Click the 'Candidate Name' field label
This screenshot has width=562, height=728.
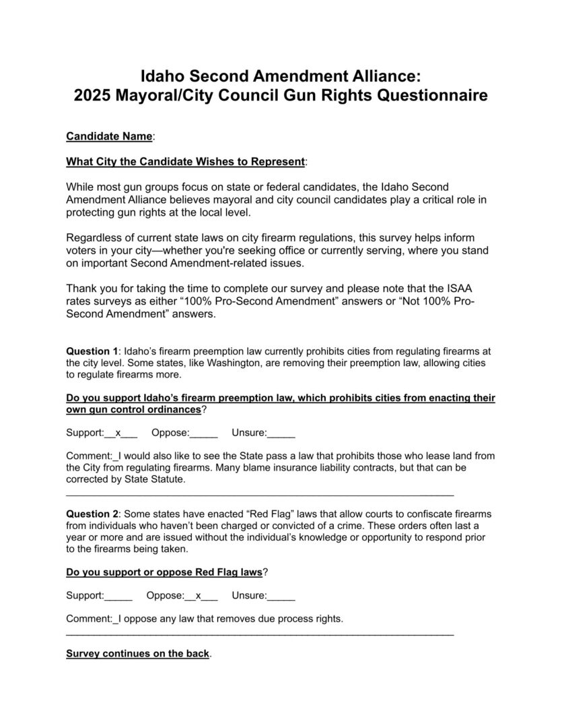(109, 136)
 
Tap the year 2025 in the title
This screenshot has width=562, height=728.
(96, 96)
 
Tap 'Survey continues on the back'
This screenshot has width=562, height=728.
(137, 654)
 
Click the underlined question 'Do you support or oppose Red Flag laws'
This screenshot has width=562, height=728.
(164, 573)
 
